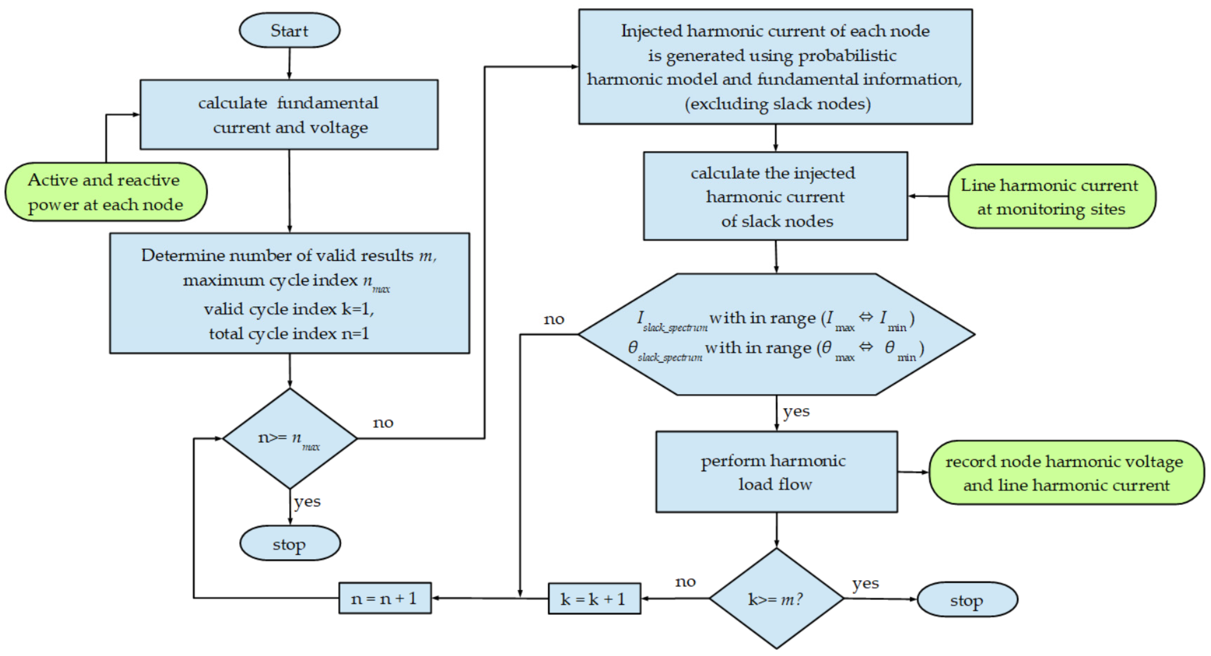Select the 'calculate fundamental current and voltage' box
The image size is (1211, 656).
[x=289, y=115]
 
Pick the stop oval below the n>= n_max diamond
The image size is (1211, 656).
[x=290, y=544]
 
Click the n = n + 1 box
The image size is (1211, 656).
[x=385, y=598]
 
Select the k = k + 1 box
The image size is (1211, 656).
[x=594, y=599]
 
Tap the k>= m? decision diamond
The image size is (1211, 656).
[x=776, y=599]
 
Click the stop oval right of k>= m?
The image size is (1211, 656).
[x=967, y=600]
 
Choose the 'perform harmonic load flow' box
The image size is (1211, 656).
[x=776, y=472]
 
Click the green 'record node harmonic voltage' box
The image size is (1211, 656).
[x=1066, y=472]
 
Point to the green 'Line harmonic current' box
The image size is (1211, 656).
[x=1052, y=197]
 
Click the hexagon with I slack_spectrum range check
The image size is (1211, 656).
[x=776, y=334]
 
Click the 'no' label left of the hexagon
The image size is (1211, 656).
[x=553, y=319]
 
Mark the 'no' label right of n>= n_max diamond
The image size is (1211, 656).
[x=383, y=423]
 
